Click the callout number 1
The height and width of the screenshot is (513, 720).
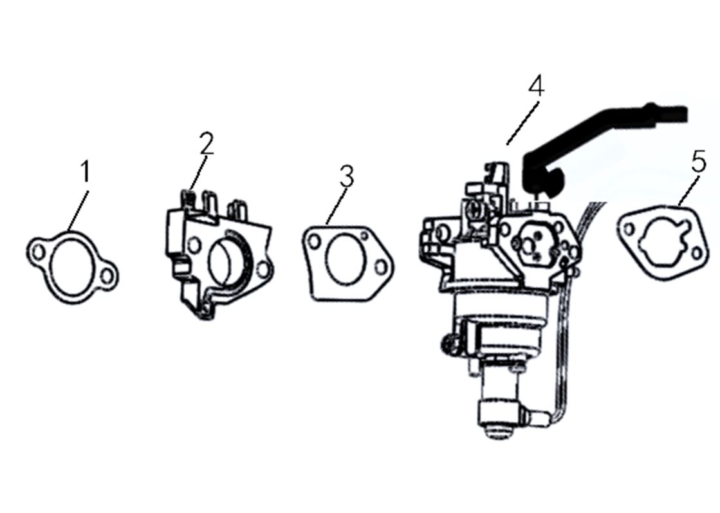click(86, 171)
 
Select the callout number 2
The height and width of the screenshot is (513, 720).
click(207, 144)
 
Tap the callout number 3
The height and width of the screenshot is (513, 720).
click(347, 176)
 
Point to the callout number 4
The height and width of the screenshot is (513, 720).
click(536, 86)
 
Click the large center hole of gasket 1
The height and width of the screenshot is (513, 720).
click(69, 267)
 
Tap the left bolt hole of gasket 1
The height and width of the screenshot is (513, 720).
click(39, 252)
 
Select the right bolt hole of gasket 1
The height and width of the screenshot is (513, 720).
click(107, 277)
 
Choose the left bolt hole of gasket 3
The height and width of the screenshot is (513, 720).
click(315, 241)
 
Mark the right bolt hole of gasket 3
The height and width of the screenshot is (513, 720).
click(381, 267)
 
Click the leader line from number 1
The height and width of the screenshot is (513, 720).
click(78, 210)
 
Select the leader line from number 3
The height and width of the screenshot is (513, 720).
click(336, 205)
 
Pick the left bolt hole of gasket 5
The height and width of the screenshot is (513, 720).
click(629, 229)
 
